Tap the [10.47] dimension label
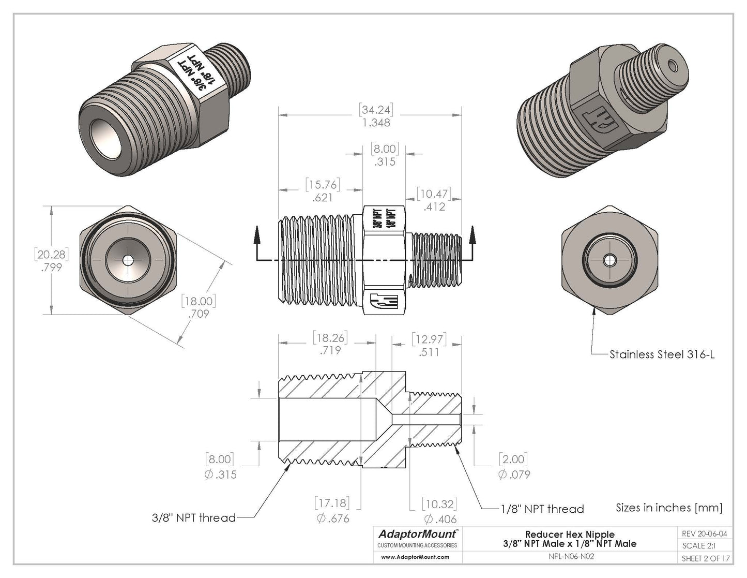pos(434,194)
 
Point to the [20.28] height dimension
pos(51,255)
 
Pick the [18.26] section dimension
pos(330,338)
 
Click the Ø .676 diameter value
pos(332,518)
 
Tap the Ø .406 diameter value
pos(440,519)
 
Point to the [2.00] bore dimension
pos(514,460)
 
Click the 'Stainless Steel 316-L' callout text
pos(662,355)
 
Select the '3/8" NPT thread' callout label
pos(194,517)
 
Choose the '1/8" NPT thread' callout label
pos(542,509)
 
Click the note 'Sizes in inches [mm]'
pos(669,508)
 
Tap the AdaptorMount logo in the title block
pos(418,533)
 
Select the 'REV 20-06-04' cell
pos(704,533)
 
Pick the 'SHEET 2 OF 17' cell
pos(706,558)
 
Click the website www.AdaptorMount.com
pos(415,557)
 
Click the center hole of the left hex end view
pos(127,259)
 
